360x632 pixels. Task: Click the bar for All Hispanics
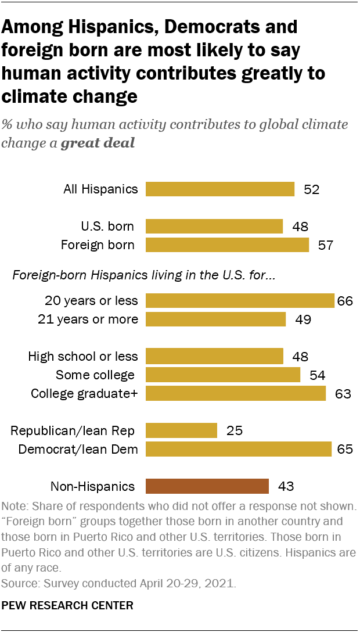point(220,189)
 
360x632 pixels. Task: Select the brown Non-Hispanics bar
point(207,486)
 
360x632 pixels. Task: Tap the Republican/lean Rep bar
point(181,430)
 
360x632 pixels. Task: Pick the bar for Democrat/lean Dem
point(238,449)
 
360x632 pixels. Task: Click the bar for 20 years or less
point(240,300)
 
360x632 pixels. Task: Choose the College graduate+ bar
point(235,393)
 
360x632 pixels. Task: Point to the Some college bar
point(223,375)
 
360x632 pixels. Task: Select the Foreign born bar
point(227,245)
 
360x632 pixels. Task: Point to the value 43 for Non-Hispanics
point(286,487)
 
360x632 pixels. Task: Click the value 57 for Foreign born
point(326,245)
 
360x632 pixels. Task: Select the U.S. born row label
point(107,227)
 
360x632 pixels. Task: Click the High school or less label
point(83,357)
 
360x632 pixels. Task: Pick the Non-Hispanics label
point(93,487)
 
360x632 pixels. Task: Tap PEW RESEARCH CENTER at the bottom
point(68,606)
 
